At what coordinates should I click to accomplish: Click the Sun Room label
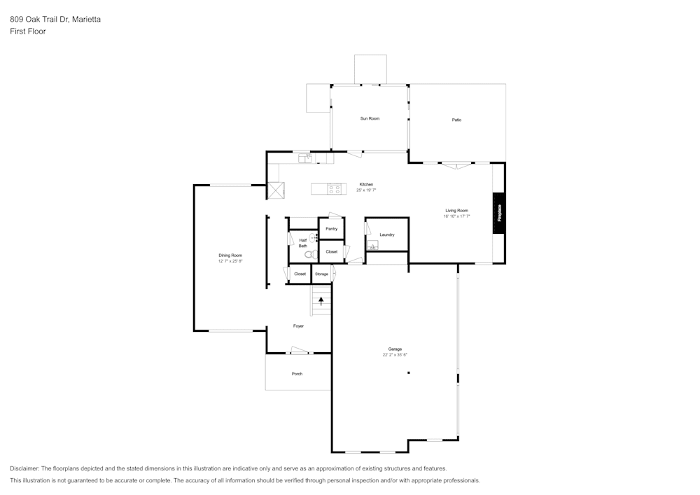[x=370, y=118]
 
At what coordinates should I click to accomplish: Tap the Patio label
[x=456, y=120]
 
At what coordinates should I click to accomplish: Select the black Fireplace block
[x=498, y=213]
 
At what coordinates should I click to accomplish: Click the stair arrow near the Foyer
[x=321, y=301]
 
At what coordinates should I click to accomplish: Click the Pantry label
[x=331, y=229]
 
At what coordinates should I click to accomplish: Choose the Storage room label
[x=321, y=274]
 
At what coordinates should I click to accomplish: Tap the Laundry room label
[x=387, y=235]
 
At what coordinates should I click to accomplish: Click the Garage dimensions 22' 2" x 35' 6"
[x=395, y=355]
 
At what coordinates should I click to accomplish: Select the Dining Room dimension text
[x=230, y=261]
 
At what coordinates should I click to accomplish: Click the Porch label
[x=297, y=374]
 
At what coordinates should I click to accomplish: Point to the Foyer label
[x=298, y=326]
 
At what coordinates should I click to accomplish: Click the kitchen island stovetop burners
[x=337, y=189]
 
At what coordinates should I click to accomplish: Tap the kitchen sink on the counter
[x=305, y=158]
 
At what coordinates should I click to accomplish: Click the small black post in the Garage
[x=409, y=372]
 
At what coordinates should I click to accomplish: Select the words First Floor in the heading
[x=28, y=32]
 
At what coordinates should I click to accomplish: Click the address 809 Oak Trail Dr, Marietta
[x=55, y=19]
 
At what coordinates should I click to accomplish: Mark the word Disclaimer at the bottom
[x=24, y=468]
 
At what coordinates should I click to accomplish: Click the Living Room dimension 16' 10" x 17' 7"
[x=456, y=216]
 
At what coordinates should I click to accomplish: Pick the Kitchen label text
[x=366, y=184]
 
